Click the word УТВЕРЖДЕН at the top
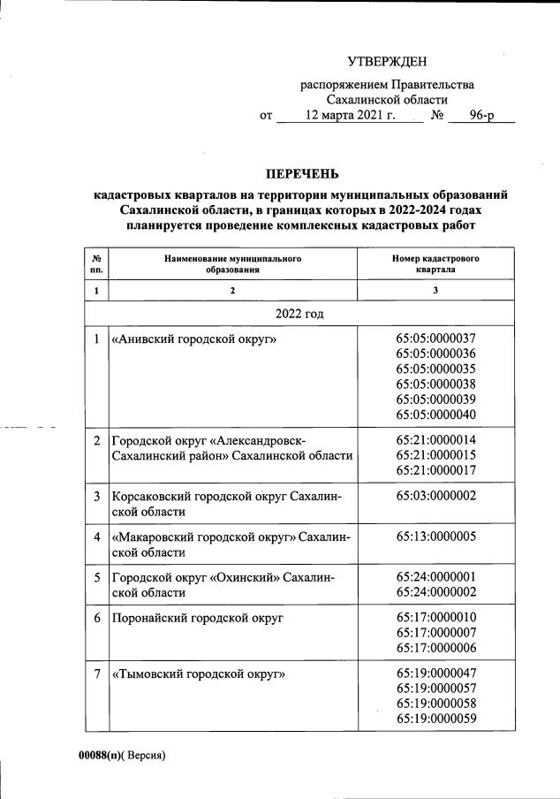pos(387,62)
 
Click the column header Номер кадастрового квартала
pos(435,263)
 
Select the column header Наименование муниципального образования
pos(232,263)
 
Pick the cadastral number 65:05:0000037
pos(436,338)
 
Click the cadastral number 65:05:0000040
pos(436,415)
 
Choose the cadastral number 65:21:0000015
pos(436,455)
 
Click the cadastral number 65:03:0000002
pos(436,496)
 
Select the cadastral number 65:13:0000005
pos(436,536)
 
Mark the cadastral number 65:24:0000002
pos(436,591)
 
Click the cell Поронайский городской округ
pos(196,618)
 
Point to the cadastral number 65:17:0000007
pos(436,633)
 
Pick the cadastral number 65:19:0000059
pos(436,719)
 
